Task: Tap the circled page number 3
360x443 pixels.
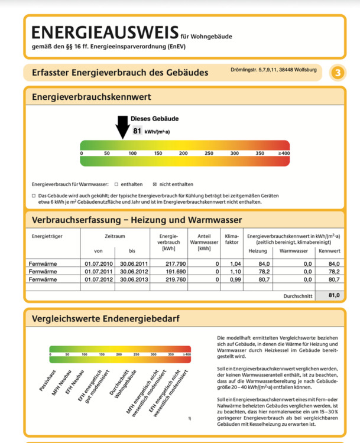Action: (337, 73)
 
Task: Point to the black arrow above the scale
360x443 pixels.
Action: (122, 126)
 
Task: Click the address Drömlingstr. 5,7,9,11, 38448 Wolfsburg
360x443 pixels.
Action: (273, 70)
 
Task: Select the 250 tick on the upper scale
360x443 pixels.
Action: (209, 154)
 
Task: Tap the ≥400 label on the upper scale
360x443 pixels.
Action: (284, 154)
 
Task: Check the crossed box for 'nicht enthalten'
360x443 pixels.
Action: (155, 184)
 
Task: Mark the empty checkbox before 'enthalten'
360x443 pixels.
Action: (116, 184)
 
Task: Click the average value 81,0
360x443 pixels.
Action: (330, 295)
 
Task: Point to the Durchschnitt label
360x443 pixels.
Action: (299, 295)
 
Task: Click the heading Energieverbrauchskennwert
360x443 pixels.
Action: (92, 96)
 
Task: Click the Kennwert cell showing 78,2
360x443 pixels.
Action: (334, 271)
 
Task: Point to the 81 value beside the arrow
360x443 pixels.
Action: (137, 131)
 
